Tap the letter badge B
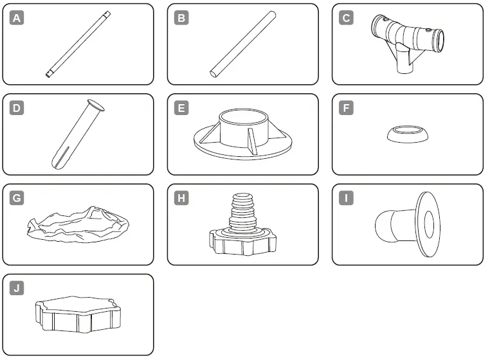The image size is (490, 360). point(182,18)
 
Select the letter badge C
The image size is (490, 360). point(347,18)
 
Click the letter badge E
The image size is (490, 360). point(182,108)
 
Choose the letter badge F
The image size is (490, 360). point(347,108)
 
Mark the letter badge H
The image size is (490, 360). point(182,198)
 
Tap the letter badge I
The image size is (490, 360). point(347,198)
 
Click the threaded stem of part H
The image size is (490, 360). point(243,209)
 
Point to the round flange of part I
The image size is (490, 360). point(427,224)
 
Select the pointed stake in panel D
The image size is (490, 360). point(73,134)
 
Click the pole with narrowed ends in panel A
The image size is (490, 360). point(79,44)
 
